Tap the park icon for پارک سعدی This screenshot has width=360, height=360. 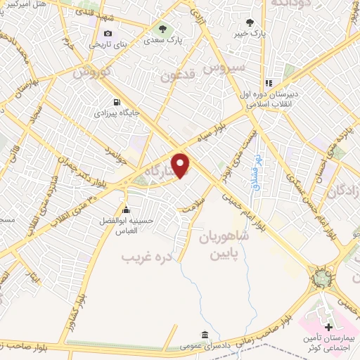pyautogui.click(x=162, y=30)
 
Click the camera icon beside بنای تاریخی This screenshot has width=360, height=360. pyautogui.click(x=108, y=33)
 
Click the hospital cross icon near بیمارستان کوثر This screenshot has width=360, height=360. pyautogui.click(x=329, y=328)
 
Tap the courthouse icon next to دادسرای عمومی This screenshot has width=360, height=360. pyautogui.click(x=204, y=335)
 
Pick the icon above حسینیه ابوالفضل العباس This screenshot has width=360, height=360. pyautogui.click(x=126, y=210)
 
